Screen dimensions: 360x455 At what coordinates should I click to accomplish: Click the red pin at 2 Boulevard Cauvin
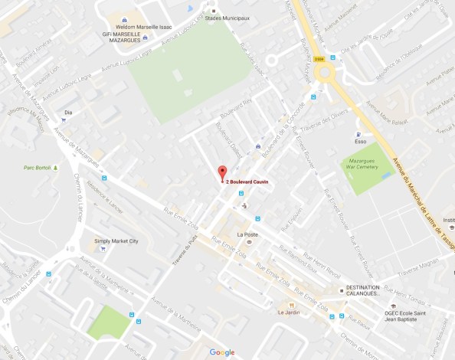(222, 172)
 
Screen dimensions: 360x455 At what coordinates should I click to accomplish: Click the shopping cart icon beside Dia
(63, 120)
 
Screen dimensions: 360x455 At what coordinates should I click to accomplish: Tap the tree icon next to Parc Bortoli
(55, 166)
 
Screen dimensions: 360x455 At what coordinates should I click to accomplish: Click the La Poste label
(247, 234)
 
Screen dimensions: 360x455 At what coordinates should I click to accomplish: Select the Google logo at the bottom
(222, 352)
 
